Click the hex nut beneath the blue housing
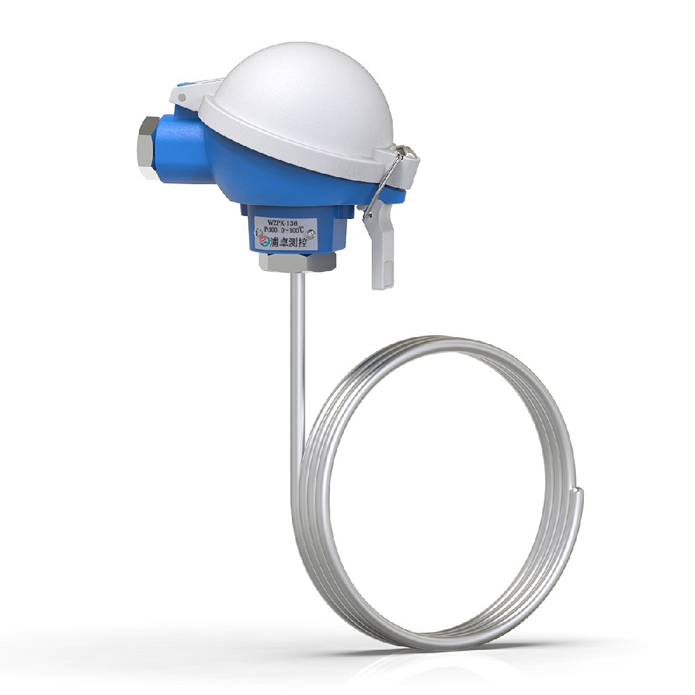[297, 262]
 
